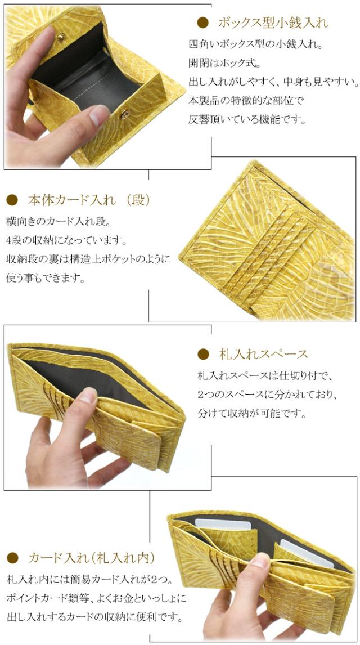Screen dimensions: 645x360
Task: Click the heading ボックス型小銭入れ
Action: pos(272,23)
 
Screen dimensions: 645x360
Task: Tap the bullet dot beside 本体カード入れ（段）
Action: pos(12,200)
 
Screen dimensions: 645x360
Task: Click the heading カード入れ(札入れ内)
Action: pos(91,558)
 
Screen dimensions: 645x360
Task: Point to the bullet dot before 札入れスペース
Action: pos(203,354)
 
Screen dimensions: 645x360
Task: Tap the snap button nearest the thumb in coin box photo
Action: pos(125,114)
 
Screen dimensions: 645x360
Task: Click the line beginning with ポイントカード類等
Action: pos(96,598)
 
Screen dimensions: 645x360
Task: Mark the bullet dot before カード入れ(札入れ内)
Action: pos(12,558)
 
